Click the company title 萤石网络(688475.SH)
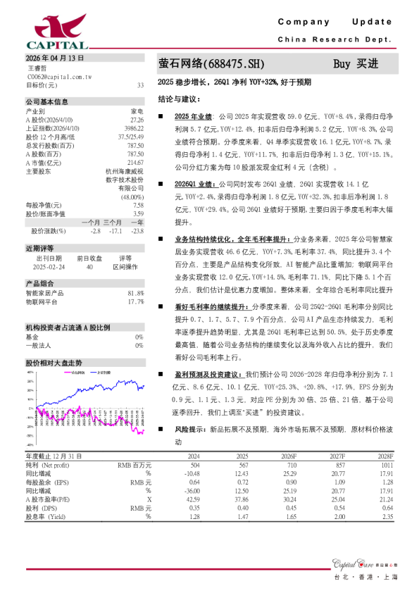211,64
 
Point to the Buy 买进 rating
356,64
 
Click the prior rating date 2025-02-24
49,267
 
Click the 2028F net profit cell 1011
385,466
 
